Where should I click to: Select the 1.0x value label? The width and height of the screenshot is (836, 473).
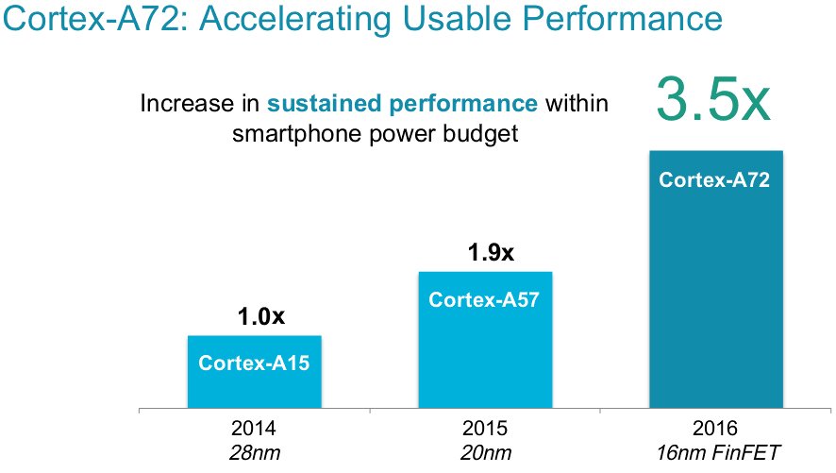pyautogui.click(x=257, y=317)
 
